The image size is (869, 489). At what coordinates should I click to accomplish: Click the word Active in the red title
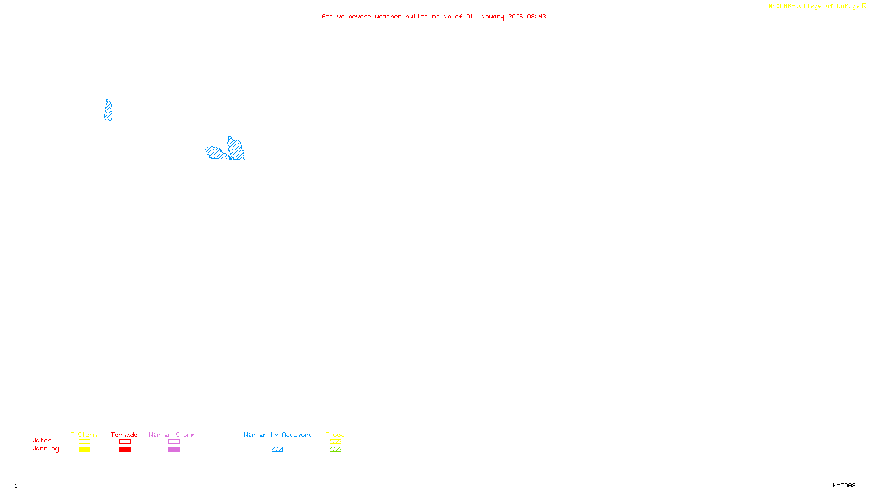click(332, 16)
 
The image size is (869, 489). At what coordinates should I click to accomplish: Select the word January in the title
click(491, 16)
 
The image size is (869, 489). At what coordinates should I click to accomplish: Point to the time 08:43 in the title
click(536, 16)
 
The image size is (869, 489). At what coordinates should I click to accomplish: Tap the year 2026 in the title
click(515, 16)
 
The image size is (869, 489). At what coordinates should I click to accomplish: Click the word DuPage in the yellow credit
click(848, 6)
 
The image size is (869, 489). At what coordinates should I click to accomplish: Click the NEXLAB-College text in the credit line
click(795, 6)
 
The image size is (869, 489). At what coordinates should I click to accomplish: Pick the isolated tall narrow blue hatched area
click(108, 110)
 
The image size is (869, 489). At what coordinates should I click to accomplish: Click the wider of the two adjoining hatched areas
click(217, 153)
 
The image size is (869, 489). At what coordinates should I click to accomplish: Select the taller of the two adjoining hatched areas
click(236, 148)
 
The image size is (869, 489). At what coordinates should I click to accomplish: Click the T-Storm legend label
click(84, 435)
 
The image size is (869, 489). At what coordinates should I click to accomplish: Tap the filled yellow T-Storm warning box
click(84, 449)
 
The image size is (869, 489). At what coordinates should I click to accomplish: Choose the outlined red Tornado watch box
click(125, 442)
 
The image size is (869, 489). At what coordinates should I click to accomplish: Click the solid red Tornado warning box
click(125, 449)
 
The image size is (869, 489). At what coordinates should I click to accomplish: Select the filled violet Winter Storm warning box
click(174, 449)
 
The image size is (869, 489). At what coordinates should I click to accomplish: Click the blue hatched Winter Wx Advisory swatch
click(277, 449)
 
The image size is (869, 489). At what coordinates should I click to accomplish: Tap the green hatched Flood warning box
click(335, 449)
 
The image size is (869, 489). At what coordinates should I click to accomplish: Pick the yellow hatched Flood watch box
click(335, 442)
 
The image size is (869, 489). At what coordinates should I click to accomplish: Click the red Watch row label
click(42, 440)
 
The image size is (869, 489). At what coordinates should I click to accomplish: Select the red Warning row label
click(45, 449)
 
